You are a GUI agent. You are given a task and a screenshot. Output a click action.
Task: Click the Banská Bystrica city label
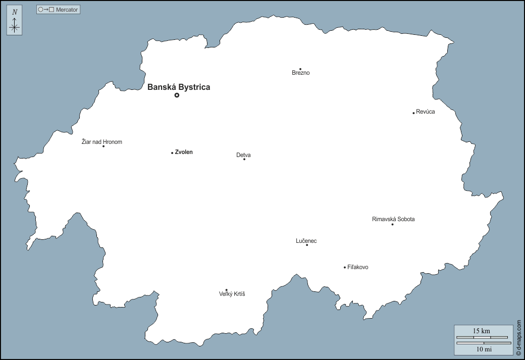pos(179,87)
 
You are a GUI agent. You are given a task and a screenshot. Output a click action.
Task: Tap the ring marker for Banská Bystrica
pos(177,95)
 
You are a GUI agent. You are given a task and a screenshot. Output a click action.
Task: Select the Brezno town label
pos(301,73)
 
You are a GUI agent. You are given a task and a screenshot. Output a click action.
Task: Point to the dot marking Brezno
pos(300,69)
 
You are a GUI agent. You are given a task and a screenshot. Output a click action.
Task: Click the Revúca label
pos(426,112)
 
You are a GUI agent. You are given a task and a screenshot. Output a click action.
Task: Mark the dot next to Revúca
pos(413,113)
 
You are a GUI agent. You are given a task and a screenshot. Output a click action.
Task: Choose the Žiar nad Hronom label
pos(102,142)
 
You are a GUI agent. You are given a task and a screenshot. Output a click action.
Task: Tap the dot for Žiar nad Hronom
pos(103,146)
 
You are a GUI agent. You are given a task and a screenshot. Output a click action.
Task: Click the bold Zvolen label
pos(184,152)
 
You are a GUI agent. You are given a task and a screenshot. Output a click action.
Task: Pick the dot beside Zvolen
pos(172,152)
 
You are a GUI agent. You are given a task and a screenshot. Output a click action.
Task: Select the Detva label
pos(243,155)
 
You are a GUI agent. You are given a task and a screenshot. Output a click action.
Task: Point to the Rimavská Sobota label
pos(393,219)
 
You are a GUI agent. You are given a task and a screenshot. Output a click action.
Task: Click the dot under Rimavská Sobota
pos(392,224)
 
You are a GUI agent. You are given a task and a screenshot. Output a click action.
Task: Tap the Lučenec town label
pos(306,241)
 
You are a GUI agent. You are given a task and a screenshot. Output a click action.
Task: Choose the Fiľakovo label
pos(358,267)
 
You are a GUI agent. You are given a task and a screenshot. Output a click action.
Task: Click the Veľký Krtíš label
pos(232,294)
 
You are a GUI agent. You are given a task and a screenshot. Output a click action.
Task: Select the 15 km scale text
pos(481,331)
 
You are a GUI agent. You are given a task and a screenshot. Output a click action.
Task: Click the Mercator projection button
pos(59,10)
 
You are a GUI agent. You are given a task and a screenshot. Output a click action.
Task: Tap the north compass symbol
pos(15,21)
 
